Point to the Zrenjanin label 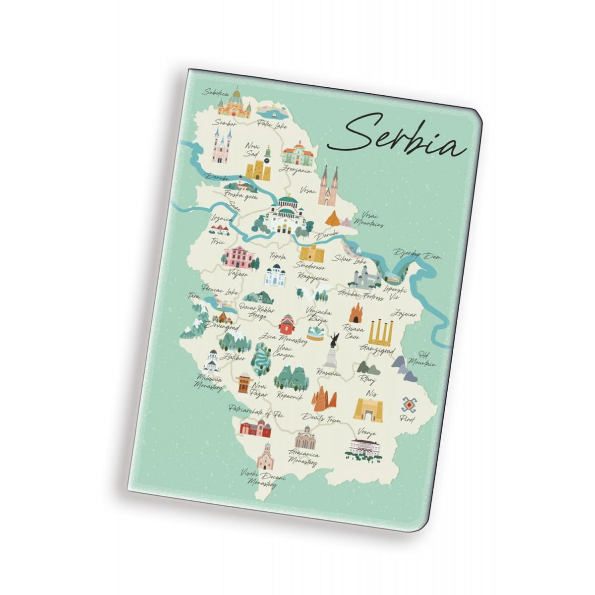pos(296,169)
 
